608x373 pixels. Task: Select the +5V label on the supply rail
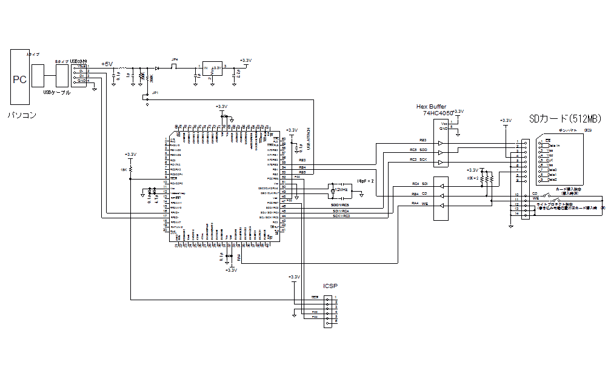(106, 64)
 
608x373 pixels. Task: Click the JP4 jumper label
(175, 60)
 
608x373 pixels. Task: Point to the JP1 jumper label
(155, 93)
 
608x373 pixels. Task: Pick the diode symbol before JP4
(157, 68)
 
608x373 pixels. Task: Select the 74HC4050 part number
(438, 113)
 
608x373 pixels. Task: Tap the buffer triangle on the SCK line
(440, 161)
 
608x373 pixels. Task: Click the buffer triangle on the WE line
(440, 206)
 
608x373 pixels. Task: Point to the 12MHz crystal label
(341, 190)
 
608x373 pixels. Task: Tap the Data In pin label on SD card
(553, 146)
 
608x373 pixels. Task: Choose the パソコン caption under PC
(22, 115)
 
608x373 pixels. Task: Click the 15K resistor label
(124, 170)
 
